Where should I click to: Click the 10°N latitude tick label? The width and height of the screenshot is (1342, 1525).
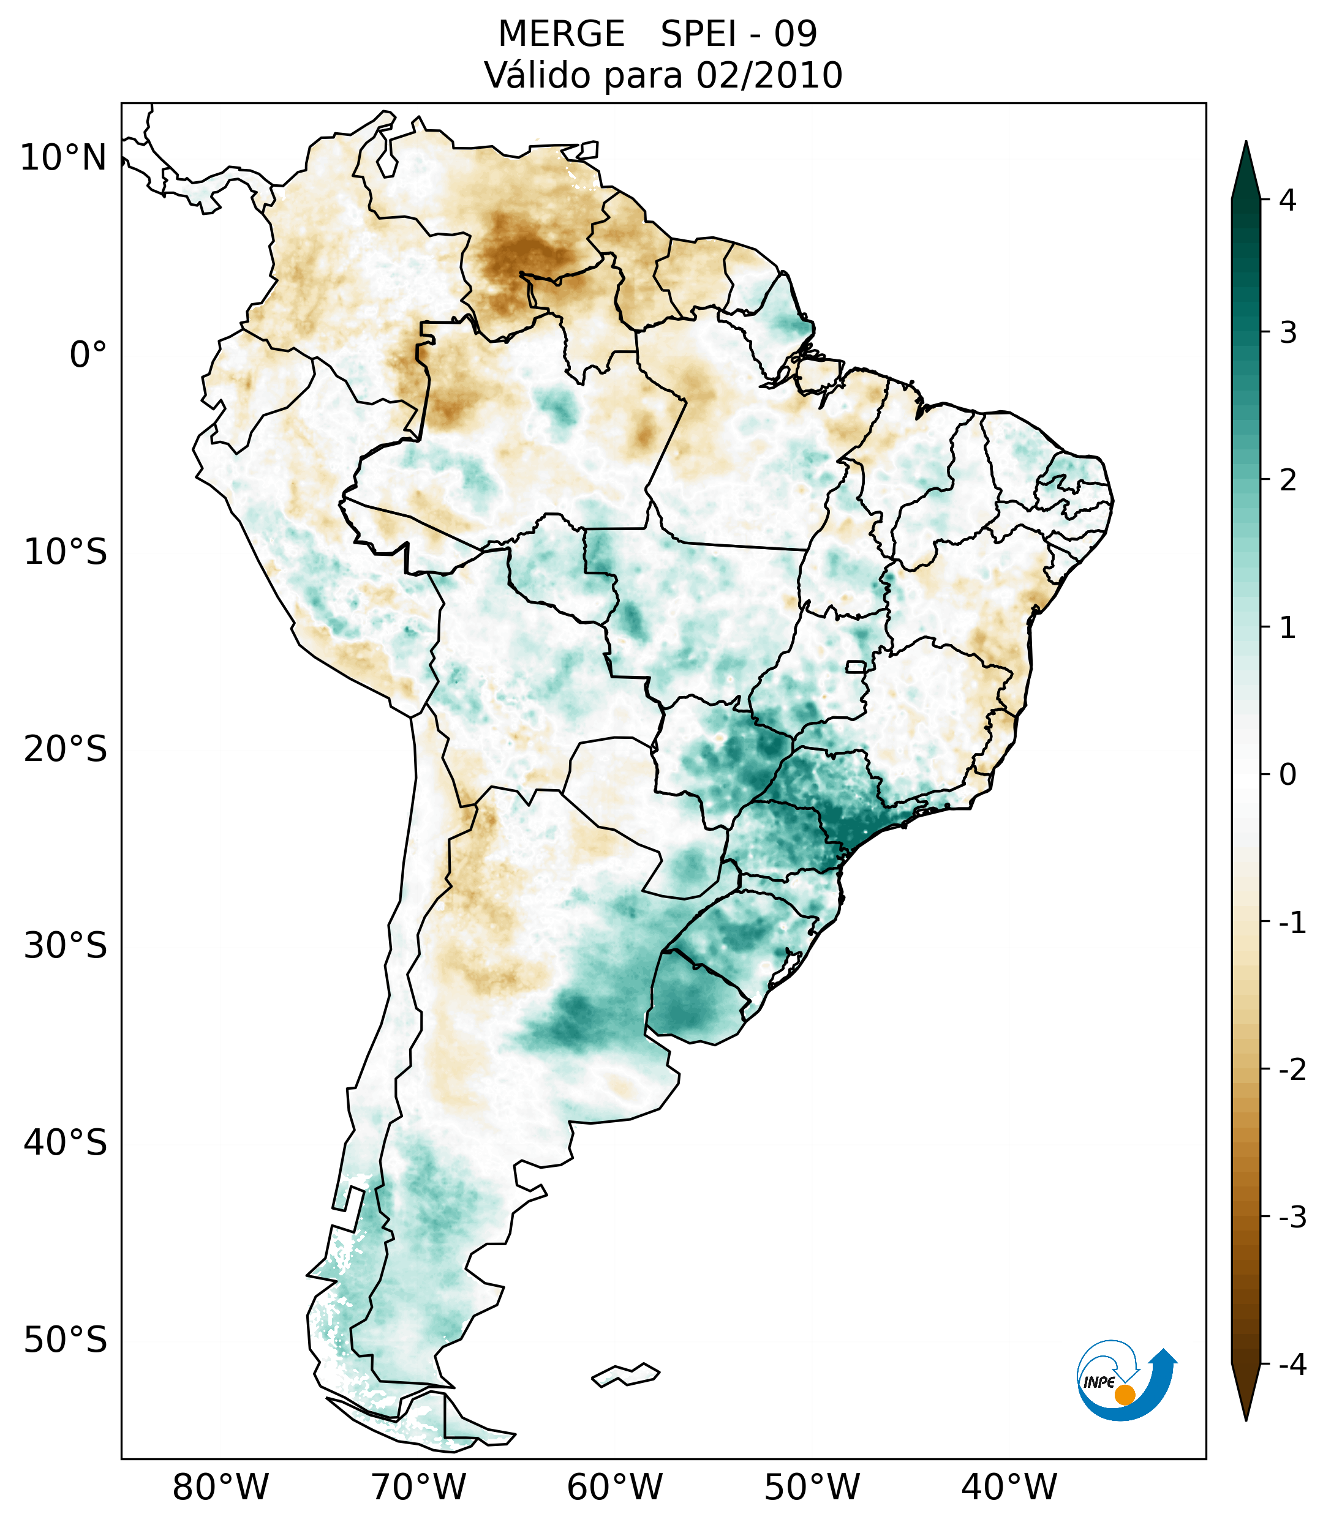coord(64,158)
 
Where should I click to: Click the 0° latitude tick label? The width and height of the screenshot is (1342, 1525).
coord(88,355)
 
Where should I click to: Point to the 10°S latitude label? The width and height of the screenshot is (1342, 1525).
coord(66,553)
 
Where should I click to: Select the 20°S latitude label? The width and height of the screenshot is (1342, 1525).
coord(66,750)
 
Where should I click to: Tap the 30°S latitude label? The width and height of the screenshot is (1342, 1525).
coord(66,947)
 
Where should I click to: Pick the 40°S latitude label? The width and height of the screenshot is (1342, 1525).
coord(66,1144)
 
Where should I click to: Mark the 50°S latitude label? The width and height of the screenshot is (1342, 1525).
coord(66,1341)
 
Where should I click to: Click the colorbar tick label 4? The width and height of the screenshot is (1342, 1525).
coord(1287,200)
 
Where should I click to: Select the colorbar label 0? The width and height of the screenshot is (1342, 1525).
coord(1287,775)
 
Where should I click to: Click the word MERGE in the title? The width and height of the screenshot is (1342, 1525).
coord(561,34)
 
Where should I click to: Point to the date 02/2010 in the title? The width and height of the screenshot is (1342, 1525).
coord(769,75)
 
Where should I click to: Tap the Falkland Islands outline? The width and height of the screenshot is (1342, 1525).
coord(625,1374)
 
